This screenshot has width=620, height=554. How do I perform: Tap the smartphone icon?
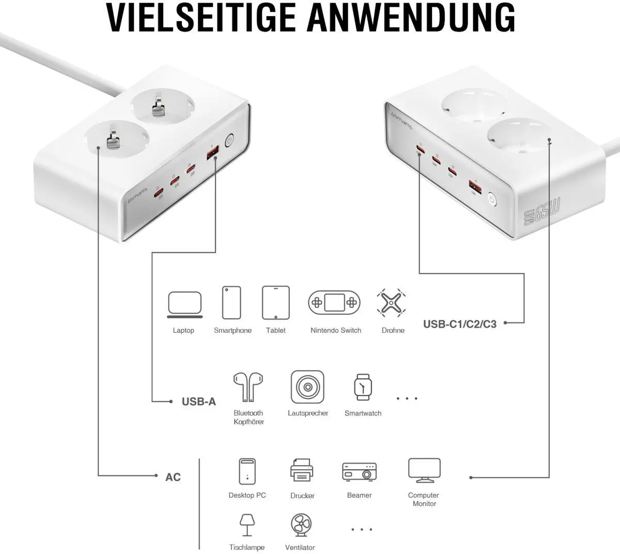coord(231,303)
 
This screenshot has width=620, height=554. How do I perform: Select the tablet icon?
coord(275,303)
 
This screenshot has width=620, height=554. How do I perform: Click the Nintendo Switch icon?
coord(334,302)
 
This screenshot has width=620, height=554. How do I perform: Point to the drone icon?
coord(391,303)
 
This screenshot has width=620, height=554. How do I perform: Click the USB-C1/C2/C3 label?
coord(459,325)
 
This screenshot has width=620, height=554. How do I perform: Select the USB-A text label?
coord(198,402)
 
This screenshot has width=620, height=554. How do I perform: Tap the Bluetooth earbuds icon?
coord(249,387)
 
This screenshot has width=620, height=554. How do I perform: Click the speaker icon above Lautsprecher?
coord(307,387)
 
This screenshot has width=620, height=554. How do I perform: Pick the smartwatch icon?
coord(363,387)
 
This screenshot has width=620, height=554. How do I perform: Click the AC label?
coord(173,477)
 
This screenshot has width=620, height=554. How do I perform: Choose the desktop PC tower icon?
coord(247,471)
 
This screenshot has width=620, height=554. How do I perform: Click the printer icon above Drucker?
coord(302,471)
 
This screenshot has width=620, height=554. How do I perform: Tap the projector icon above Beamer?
coord(359,471)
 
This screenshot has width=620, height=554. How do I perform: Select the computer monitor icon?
coord(424,470)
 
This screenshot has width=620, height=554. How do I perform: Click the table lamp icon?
coord(246,525)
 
